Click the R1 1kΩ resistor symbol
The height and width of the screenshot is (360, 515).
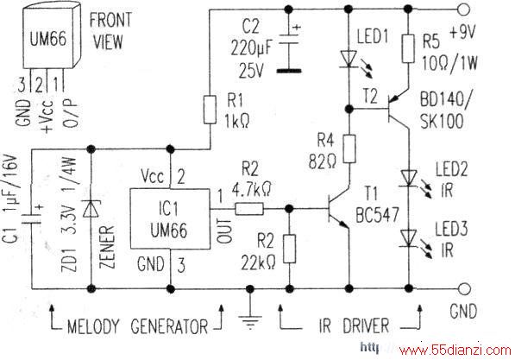click(210, 110)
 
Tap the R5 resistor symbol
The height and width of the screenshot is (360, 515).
click(408, 48)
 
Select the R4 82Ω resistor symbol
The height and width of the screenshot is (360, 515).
click(349, 148)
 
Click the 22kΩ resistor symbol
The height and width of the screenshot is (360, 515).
click(289, 249)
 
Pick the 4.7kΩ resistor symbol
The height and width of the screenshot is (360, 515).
click(249, 209)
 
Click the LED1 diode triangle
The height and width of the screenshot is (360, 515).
click(349, 60)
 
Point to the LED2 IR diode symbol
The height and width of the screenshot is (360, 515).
click(409, 179)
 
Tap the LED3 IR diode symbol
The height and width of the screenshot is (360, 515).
click(409, 238)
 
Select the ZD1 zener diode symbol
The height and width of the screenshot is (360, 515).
click(91, 209)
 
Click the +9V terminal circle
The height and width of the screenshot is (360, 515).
click(464, 9)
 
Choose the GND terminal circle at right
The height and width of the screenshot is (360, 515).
click(464, 289)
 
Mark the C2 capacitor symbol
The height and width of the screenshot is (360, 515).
click(289, 49)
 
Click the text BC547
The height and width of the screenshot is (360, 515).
click(378, 215)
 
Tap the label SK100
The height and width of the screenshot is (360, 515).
click(442, 121)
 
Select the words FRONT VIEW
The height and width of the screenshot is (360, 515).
click(110, 31)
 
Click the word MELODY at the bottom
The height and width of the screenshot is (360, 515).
click(92, 327)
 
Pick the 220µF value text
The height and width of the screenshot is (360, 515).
click(252, 48)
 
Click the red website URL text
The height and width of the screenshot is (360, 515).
click(455, 351)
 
